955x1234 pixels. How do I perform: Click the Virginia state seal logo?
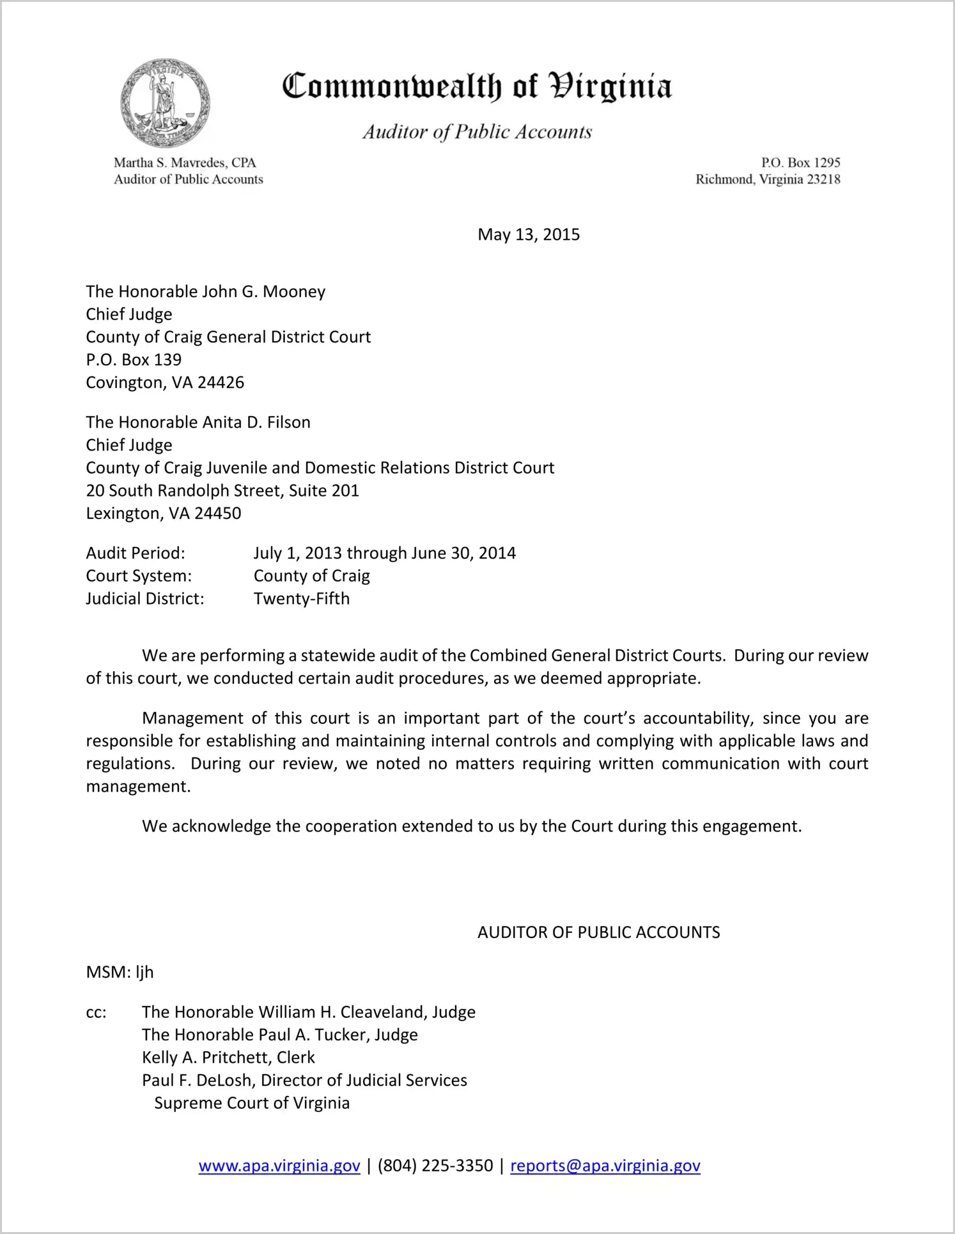[165, 104]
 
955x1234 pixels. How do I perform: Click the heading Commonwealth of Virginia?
[477, 86]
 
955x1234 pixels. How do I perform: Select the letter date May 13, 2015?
[529, 235]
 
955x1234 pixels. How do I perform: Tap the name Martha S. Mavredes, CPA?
[185, 162]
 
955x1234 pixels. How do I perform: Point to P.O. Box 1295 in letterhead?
[800, 162]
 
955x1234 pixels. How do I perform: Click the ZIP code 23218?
[823, 180]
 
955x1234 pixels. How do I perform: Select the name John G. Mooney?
[263, 292]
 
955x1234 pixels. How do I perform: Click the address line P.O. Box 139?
[134, 360]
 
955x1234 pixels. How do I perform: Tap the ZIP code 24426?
[221, 383]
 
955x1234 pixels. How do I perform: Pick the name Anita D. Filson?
[256, 422]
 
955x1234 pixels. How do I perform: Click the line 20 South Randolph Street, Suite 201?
[222, 491]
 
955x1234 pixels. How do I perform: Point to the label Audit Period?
[136, 553]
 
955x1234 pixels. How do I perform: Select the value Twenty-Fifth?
[302, 599]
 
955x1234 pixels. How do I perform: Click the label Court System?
[139, 576]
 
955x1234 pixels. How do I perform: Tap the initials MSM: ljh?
[120, 972]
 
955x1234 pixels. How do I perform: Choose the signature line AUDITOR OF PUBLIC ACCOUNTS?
[598, 932]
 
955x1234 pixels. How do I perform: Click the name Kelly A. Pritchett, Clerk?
[228, 1058]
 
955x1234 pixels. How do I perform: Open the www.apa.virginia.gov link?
[279, 1166]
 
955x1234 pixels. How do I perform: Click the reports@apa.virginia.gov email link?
[605, 1166]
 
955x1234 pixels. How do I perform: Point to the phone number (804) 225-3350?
[435, 1166]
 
